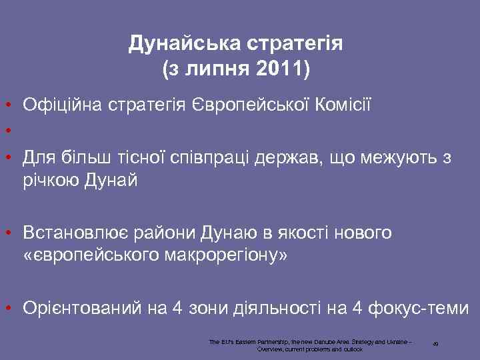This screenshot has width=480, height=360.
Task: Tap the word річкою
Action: pyautogui.click(x=52, y=181)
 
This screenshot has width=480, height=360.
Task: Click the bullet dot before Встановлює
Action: pyautogui.click(x=5, y=233)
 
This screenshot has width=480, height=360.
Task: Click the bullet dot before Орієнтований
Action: pyautogui.click(x=5, y=308)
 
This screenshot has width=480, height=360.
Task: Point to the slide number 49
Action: pyautogui.click(x=435, y=344)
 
